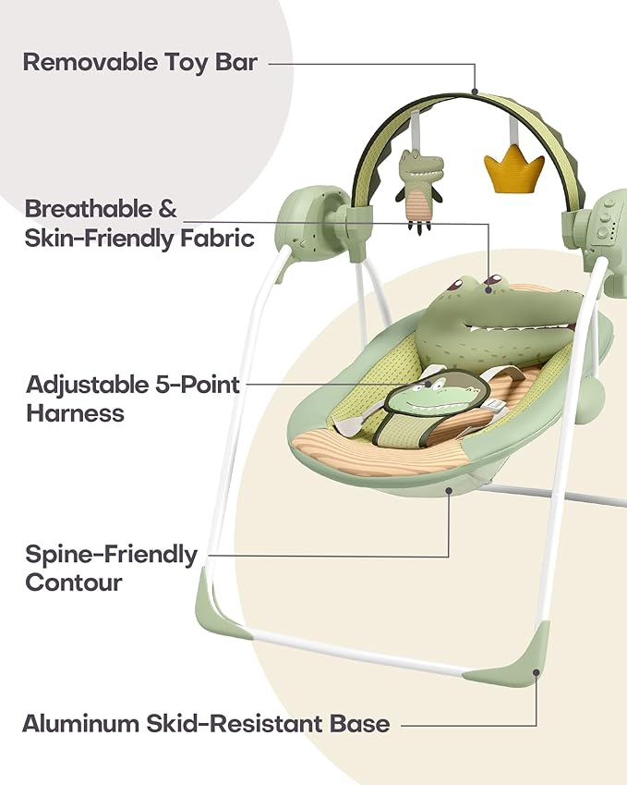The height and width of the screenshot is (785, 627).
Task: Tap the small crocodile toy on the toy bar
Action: (x=419, y=190)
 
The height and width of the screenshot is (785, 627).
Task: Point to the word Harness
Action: (x=75, y=413)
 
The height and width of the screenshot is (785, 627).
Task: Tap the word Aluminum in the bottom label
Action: (x=80, y=724)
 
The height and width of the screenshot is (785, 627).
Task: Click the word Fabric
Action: (x=218, y=238)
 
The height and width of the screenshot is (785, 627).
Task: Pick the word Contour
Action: (x=74, y=583)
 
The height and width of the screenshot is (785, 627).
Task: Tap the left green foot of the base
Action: (x=215, y=607)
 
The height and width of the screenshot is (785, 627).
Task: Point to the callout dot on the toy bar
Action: (x=475, y=92)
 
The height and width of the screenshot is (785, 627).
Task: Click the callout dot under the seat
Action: (x=449, y=490)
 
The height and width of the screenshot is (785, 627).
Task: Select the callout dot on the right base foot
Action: (x=536, y=673)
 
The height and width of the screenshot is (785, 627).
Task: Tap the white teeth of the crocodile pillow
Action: (x=520, y=330)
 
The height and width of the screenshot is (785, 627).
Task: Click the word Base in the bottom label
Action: (x=359, y=724)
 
